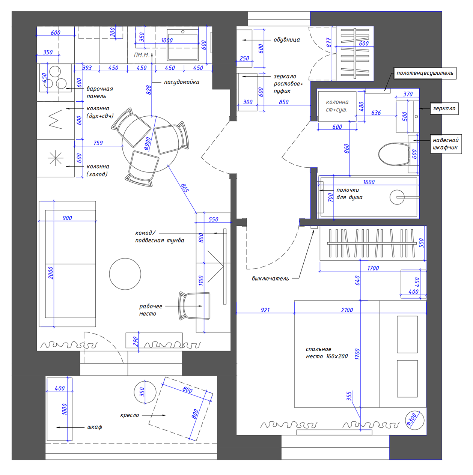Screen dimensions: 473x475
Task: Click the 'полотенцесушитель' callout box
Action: pos(425,73)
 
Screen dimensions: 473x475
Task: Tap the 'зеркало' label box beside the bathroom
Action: pos(444,108)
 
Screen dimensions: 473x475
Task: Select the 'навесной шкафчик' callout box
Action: pos(446,144)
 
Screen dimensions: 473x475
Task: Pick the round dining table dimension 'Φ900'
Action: pos(147,144)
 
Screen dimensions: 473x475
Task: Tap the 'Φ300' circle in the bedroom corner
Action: pos(415,420)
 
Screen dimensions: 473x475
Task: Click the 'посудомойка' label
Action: pos(182,82)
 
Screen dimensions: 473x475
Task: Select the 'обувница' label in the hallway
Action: pos(287,40)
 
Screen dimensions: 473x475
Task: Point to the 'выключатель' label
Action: pos(270,278)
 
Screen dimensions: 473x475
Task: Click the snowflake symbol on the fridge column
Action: pos(56,158)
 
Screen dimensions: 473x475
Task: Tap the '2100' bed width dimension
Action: pos(347,310)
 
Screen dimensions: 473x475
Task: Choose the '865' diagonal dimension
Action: pos(185,188)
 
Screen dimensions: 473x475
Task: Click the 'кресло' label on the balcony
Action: pos(130,415)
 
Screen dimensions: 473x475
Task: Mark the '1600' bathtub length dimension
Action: pos(369,182)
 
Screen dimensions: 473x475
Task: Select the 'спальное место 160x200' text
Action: pos(327,353)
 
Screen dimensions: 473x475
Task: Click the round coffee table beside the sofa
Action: pos(125,274)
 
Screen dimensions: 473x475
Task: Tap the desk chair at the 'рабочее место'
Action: pos(194,306)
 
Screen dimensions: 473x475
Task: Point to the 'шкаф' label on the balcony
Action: pos(95,427)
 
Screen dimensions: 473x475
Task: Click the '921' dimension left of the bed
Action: pos(265,310)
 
